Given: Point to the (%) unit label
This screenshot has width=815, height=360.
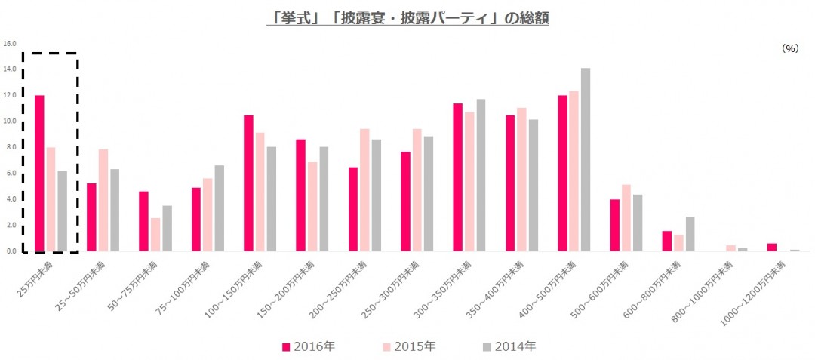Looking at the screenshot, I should click(x=789, y=48).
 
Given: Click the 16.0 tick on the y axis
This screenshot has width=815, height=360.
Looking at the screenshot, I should click(x=10, y=43).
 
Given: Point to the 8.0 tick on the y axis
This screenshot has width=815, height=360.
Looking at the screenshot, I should click(x=10, y=147).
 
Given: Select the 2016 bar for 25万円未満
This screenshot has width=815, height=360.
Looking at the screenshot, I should click(x=39, y=174).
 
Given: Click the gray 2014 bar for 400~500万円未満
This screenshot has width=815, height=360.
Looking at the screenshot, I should click(x=586, y=159).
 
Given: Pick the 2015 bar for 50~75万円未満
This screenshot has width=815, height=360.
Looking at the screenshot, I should click(x=155, y=235).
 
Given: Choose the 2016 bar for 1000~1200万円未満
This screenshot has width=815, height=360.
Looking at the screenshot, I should click(x=772, y=248).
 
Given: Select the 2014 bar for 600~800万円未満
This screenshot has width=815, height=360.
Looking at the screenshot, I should click(x=690, y=234).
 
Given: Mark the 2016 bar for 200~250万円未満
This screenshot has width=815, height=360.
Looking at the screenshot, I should click(x=353, y=209).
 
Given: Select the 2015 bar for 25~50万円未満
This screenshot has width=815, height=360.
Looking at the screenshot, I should click(x=103, y=200).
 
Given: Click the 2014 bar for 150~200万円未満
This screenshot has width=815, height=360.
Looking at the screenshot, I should click(x=324, y=199).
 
